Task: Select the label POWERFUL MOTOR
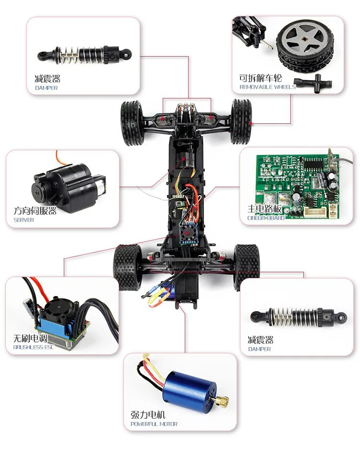(x=154, y=424)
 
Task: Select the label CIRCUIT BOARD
(x=266, y=218)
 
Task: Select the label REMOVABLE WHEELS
(x=268, y=87)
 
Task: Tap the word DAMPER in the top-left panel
(x=46, y=88)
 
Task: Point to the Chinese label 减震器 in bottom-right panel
(x=261, y=340)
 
